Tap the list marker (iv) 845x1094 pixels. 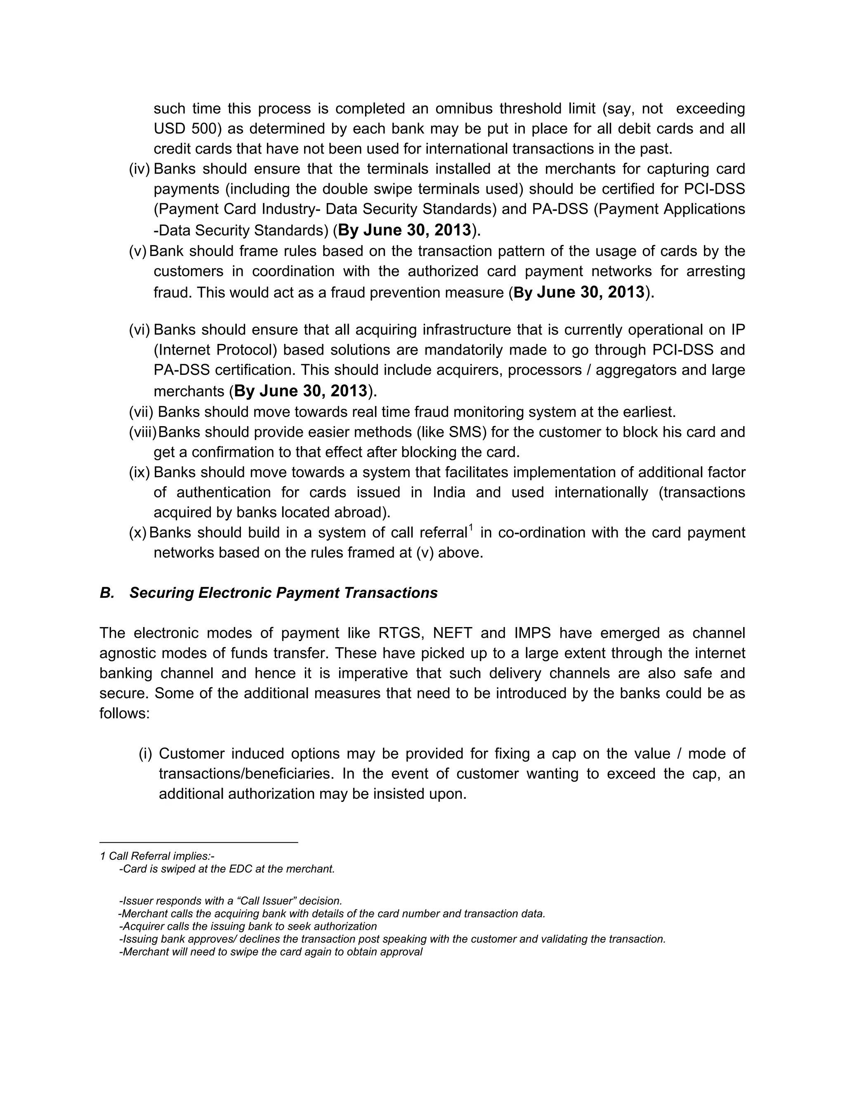[140, 169]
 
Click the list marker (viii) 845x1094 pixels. [143, 432]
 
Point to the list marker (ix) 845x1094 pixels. [140, 472]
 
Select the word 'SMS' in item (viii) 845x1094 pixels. [468, 432]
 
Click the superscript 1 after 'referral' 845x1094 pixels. [470, 528]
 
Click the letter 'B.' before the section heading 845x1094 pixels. [107, 592]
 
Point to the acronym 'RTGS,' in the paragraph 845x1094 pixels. [401, 633]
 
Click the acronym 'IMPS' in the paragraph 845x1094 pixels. [533, 633]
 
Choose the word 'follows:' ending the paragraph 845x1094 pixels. [125, 713]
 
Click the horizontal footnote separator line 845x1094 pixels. [199, 843]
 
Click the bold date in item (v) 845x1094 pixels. [579, 292]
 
